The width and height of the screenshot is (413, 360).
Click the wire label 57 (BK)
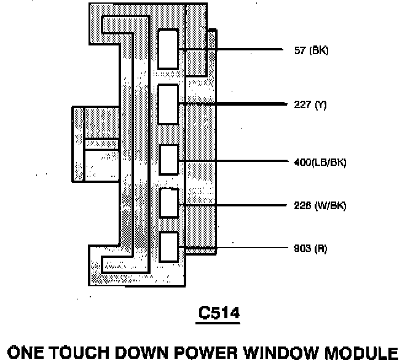pos(311,50)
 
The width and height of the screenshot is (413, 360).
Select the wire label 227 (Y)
pos(310,105)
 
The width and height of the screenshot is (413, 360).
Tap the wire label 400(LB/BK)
pos(320,162)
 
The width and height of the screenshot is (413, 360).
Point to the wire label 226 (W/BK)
pos(320,206)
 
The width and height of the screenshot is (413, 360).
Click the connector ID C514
pos(218,313)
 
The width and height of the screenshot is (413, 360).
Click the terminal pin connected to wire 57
pos(168,49)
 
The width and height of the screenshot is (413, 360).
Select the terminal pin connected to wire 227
pos(168,104)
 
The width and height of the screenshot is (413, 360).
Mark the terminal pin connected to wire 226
pos(168,203)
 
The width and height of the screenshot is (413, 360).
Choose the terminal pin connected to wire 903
pos(168,248)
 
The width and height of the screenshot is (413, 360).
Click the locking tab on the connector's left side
pos(95,144)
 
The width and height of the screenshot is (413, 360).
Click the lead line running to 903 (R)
pos(246,248)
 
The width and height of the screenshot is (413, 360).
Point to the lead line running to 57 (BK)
pos(246,49)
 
